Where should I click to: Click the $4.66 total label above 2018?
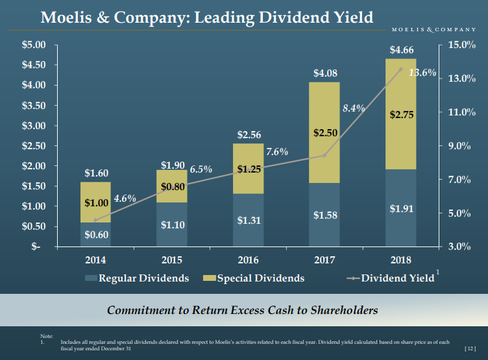(400, 49)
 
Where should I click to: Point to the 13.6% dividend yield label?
(422, 73)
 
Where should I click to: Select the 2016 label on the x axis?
(249, 261)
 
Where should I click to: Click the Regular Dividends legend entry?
(137, 278)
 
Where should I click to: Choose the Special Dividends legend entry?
(254, 278)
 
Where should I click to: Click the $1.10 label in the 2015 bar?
(172, 225)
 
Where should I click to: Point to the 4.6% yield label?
(125, 198)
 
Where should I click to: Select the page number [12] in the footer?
(470, 349)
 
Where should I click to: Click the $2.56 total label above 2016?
(249, 135)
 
